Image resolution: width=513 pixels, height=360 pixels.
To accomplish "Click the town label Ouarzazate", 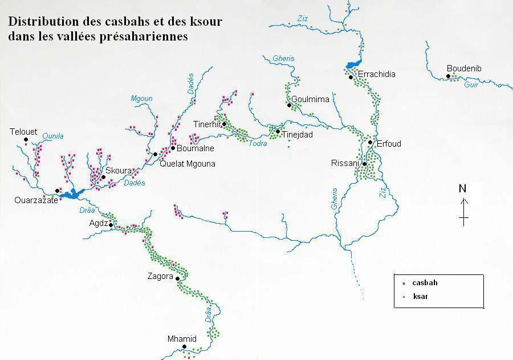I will (x=36, y=200).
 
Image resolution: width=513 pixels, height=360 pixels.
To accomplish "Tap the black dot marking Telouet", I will (x=26, y=139).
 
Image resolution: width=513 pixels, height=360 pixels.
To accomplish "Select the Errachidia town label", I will (x=376, y=74).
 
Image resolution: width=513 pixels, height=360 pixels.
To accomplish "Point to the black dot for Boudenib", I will (x=449, y=76).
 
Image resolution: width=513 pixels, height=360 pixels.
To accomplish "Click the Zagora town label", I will (x=160, y=277).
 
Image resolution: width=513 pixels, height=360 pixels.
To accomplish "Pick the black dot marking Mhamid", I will (x=184, y=346).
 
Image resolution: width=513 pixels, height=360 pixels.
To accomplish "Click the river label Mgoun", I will (x=142, y=98).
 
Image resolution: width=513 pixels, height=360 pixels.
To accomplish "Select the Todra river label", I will (x=258, y=144).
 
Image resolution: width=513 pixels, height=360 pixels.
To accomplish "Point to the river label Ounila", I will (x=53, y=136).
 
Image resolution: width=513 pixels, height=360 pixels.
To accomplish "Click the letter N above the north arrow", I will (x=463, y=189).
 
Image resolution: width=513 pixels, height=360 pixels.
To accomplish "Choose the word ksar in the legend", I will (x=421, y=297).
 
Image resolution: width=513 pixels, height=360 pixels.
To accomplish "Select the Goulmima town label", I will (x=311, y=99).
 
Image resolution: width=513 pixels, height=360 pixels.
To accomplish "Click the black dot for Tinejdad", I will (x=278, y=132).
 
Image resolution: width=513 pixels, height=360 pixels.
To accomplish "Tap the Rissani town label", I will (x=345, y=163).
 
